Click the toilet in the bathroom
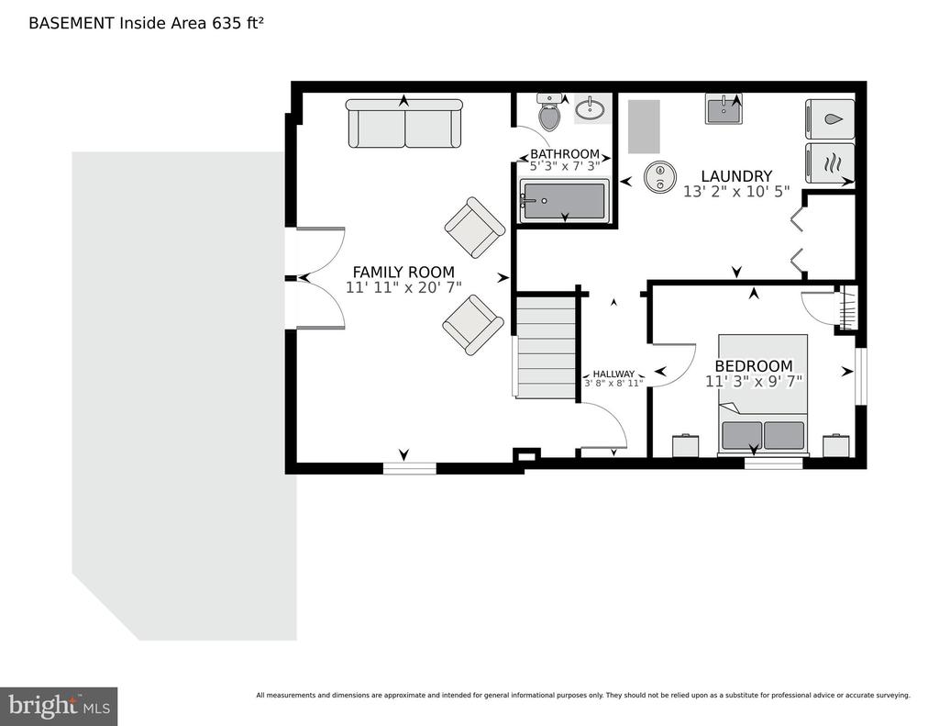(x=549, y=114)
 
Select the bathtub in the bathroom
(x=563, y=200)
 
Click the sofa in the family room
(x=404, y=125)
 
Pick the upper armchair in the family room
(x=474, y=228)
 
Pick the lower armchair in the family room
(x=473, y=324)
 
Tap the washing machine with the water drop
(x=830, y=119)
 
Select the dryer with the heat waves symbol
(x=830, y=164)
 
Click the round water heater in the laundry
(x=659, y=176)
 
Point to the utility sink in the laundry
(x=730, y=109)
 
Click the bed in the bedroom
(x=762, y=395)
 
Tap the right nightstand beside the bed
(x=836, y=445)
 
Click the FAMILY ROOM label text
(x=403, y=272)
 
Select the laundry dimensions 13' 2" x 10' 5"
(x=736, y=192)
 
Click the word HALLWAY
(x=613, y=374)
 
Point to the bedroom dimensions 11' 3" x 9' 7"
(x=754, y=381)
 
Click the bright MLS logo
(x=59, y=706)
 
